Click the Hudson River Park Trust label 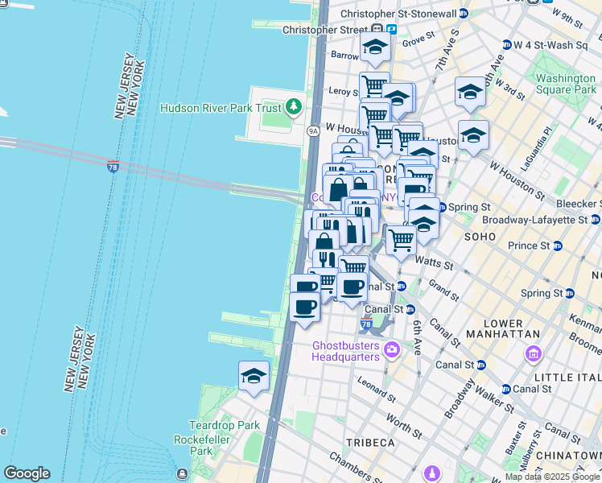(x=221, y=108)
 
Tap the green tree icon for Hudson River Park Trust (x=294, y=107)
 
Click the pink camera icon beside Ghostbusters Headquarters (x=392, y=349)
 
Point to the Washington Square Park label (x=566, y=84)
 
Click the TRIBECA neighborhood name (x=370, y=444)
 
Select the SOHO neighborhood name (x=481, y=237)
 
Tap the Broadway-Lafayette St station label (x=534, y=219)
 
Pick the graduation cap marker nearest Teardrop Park (x=254, y=377)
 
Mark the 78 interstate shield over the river (x=113, y=165)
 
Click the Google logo (x=26, y=473)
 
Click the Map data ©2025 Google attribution (x=552, y=477)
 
